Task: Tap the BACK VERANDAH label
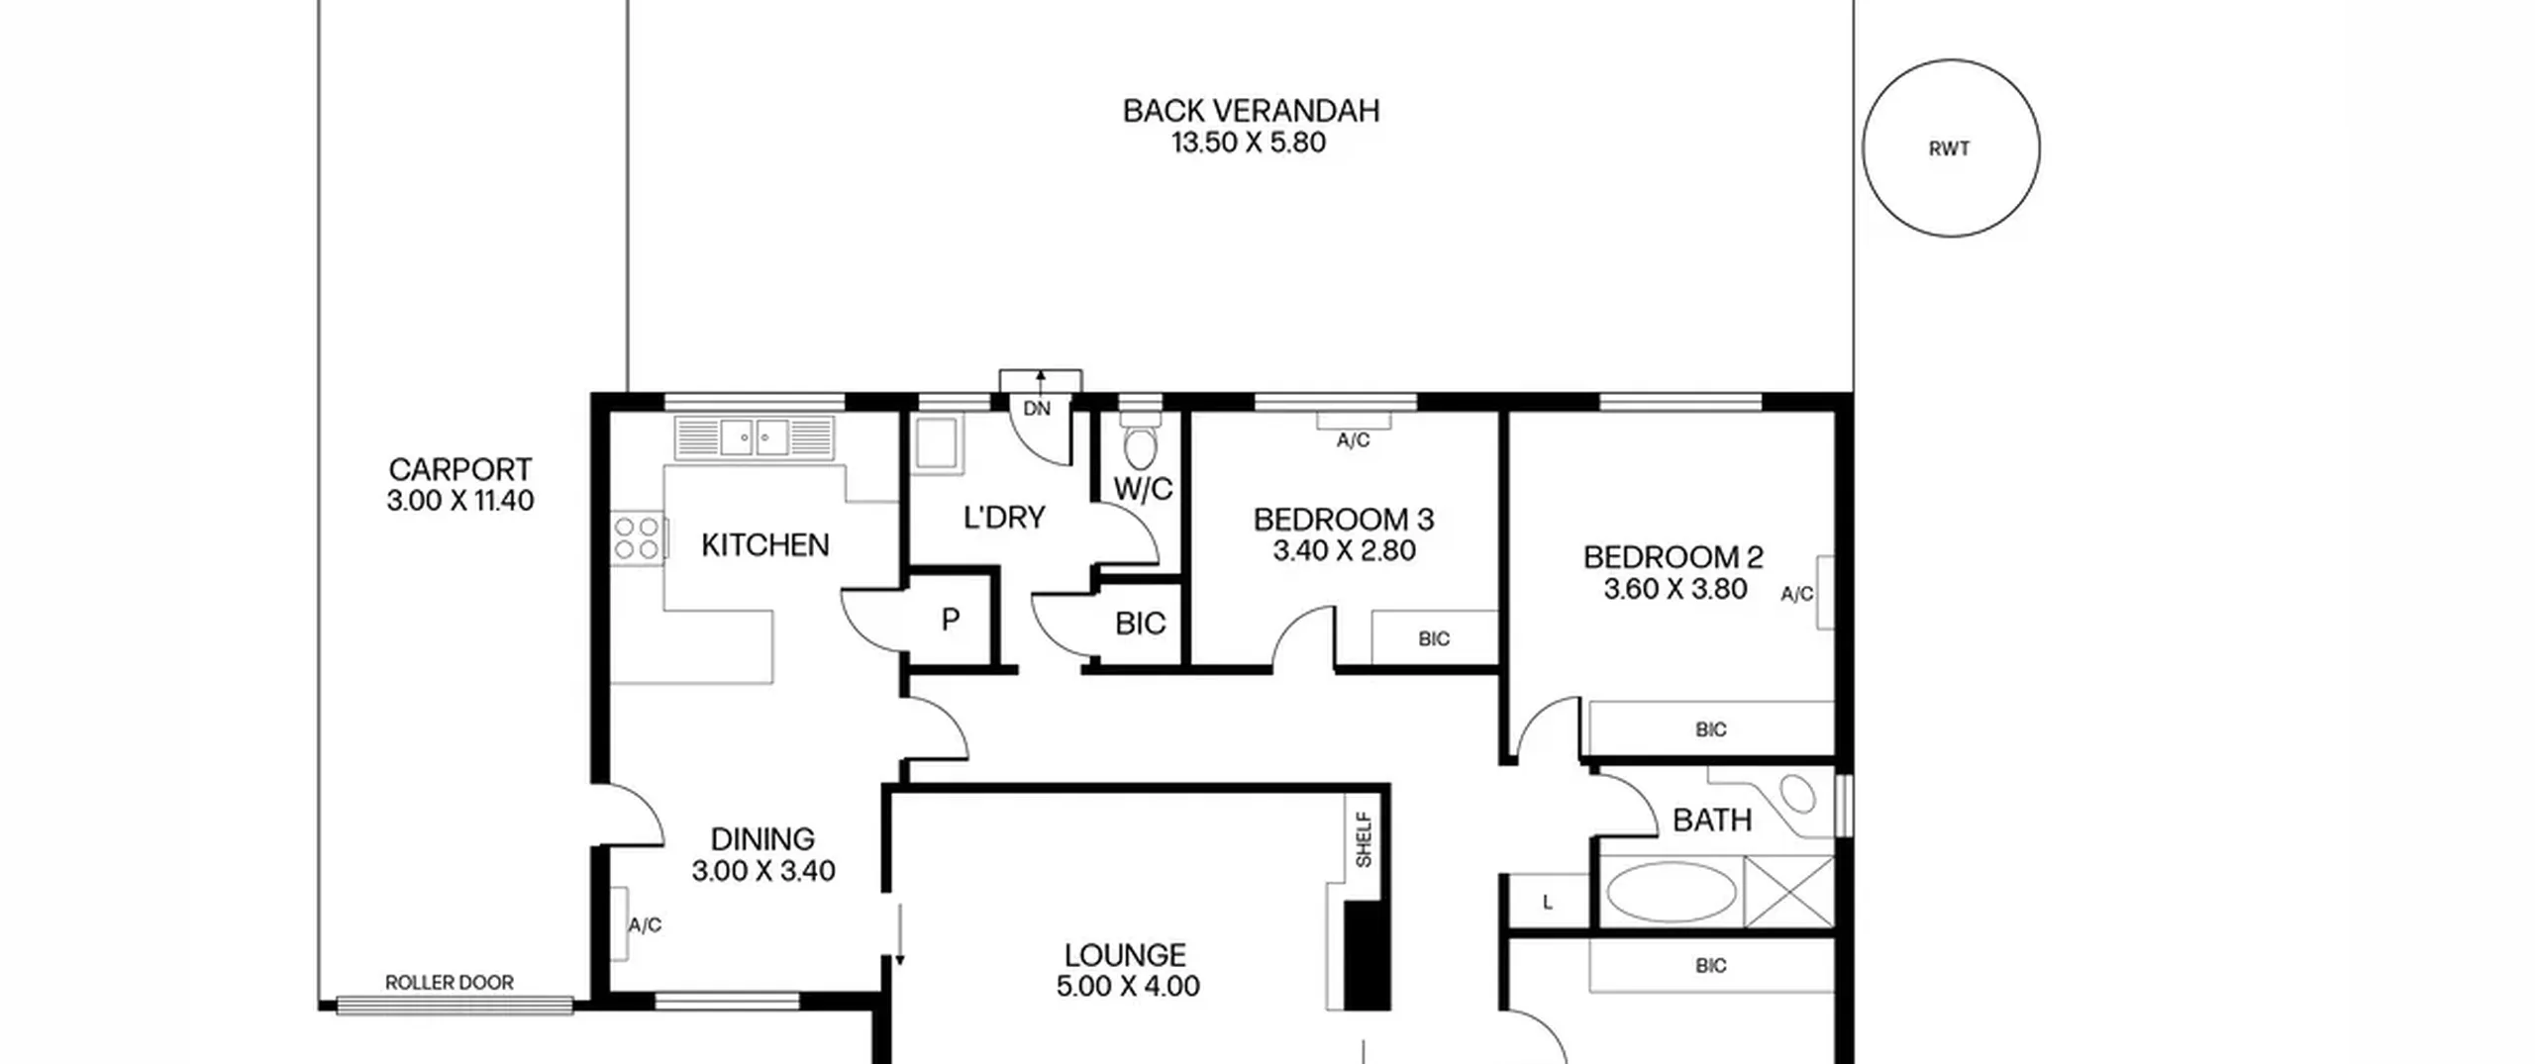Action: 1251,111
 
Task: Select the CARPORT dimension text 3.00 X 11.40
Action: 460,501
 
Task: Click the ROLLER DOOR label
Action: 450,983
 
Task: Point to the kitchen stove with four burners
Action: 637,538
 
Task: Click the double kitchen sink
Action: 755,436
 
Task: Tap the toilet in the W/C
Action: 1141,442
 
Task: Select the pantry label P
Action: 950,620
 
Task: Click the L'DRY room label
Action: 1004,518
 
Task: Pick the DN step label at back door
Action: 1037,408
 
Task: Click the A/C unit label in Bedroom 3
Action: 1353,440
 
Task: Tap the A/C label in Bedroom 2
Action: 1797,594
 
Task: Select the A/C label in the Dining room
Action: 645,925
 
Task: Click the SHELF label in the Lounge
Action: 1364,840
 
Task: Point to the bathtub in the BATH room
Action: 1672,891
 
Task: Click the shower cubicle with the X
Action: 1788,892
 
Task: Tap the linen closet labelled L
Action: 1548,902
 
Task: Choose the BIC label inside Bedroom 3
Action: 1434,639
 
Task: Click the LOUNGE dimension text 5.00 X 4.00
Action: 1128,987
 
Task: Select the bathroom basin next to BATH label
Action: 1796,794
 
